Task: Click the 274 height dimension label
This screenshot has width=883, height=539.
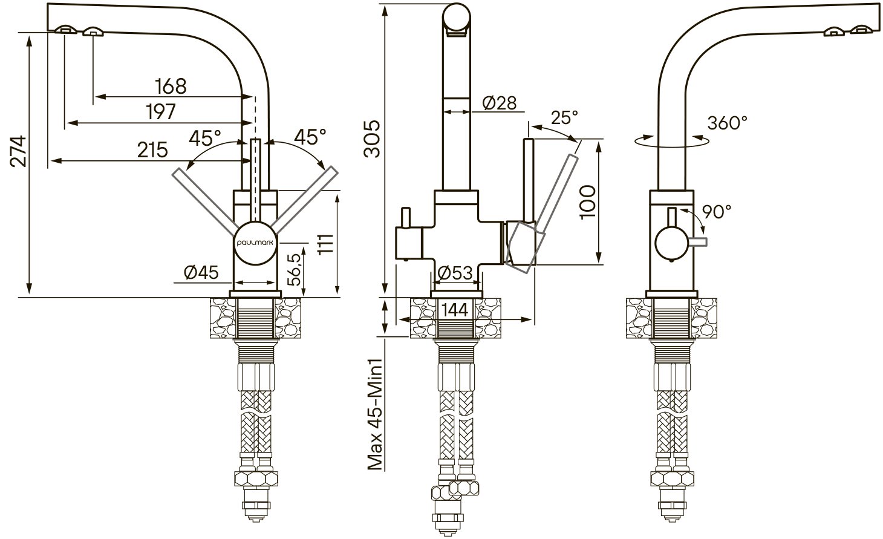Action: click(19, 152)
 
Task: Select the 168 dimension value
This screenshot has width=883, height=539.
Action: click(171, 87)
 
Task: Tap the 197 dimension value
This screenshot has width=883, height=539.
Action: click(161, 112)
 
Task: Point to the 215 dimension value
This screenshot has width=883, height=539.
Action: click(152, 150)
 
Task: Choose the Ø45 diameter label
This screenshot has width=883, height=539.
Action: click(201, 272)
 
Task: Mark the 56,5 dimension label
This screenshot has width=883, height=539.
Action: click(294, 270)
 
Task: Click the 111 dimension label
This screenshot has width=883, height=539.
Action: click(326, 244)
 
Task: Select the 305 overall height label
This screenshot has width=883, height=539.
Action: click(372, 139)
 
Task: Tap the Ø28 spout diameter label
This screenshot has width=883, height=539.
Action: click(499, 103)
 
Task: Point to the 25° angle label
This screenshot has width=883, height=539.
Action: click(564, 117)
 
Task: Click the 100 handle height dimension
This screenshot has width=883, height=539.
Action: click(588, 202)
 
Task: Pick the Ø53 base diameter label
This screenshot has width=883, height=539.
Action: click(455, 273)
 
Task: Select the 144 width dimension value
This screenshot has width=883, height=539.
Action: click(455, 310)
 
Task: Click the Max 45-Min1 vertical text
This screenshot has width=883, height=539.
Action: click(375, 414)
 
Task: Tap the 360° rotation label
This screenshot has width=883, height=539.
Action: click(728, 123)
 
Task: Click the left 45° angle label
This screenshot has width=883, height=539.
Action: click(205, 138)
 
